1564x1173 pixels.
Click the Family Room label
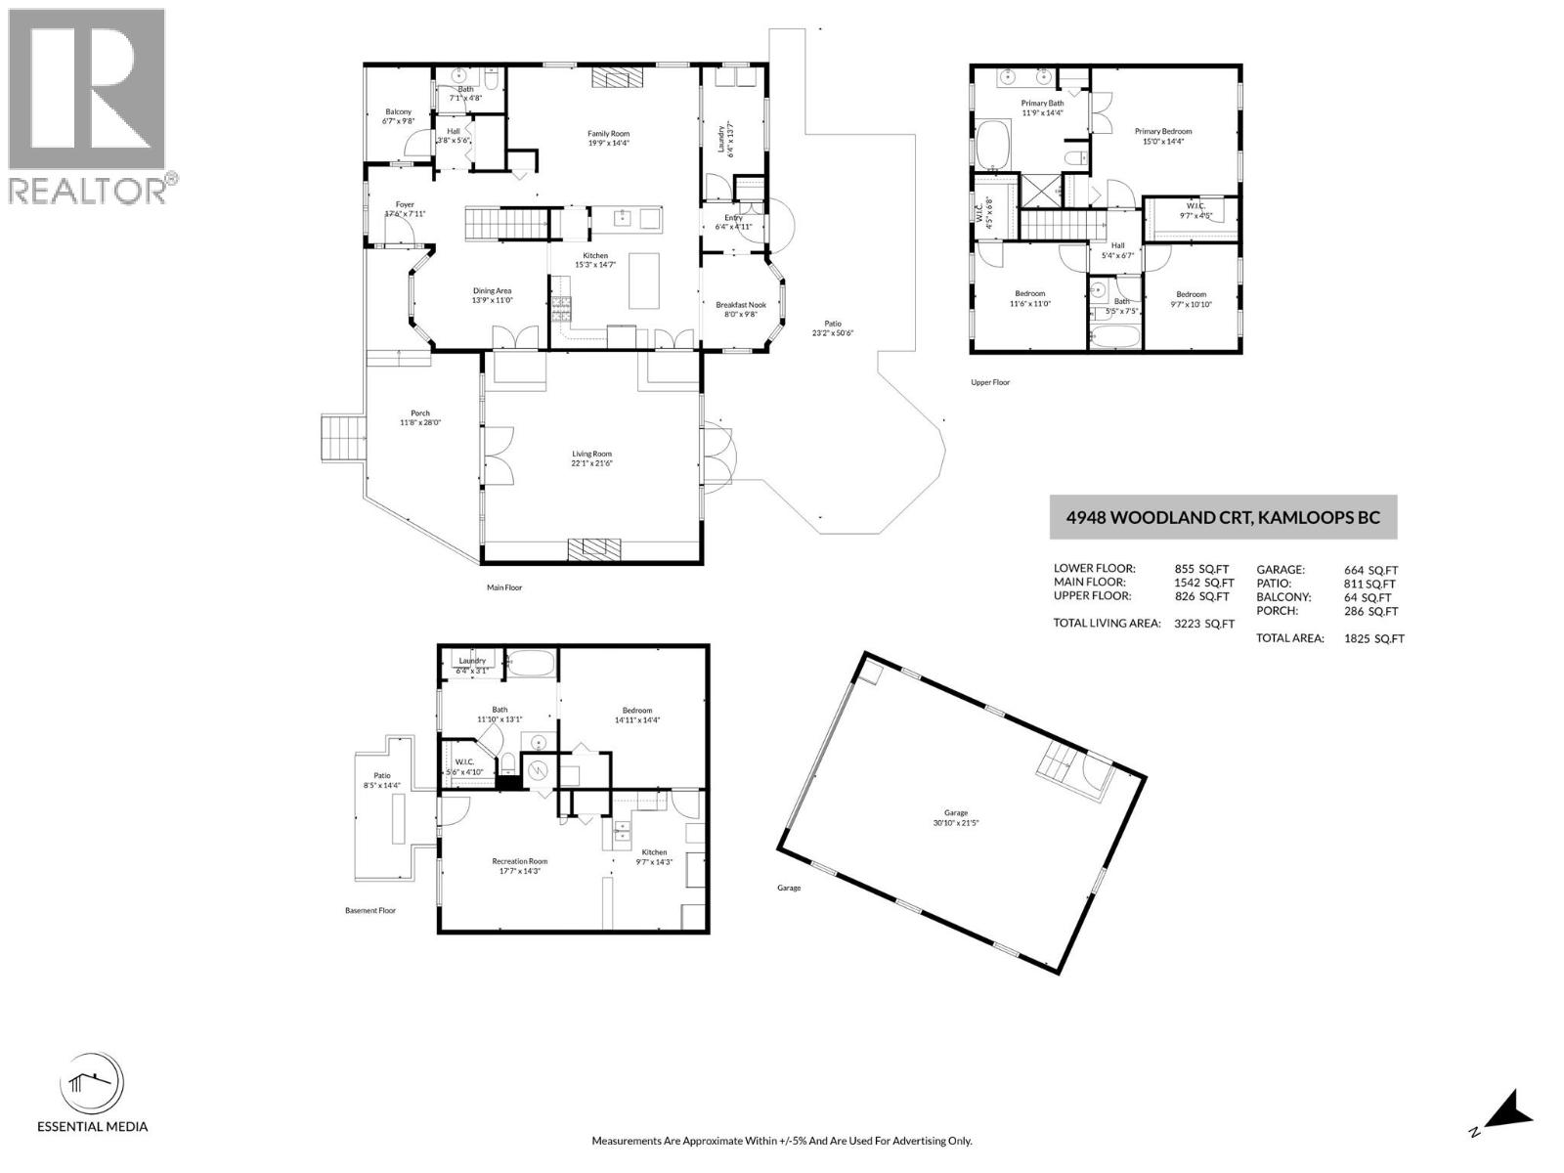(x=608, y=134)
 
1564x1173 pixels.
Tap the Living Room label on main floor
(x=591, y=454)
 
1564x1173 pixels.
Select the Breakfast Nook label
(x=740, y=305)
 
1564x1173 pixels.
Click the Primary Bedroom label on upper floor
(x=1162, y=131)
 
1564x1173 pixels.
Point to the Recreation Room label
(x=519, y=861)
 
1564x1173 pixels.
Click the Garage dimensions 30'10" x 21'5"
(x=955, y=823)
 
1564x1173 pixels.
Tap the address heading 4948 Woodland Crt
(x=1222, y=517)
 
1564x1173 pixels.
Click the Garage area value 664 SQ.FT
(x=1370, y=569)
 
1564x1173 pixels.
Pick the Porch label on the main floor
(x=420, y=413)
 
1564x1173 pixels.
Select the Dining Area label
(x=492, y=290)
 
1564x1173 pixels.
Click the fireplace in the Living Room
(x=588, y=548)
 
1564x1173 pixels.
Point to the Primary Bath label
(x=1042, y=103)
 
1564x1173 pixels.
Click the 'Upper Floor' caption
(x=989, y=382)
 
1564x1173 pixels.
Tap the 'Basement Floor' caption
(x=369, y=910)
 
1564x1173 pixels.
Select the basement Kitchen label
(x=653, y=852)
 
